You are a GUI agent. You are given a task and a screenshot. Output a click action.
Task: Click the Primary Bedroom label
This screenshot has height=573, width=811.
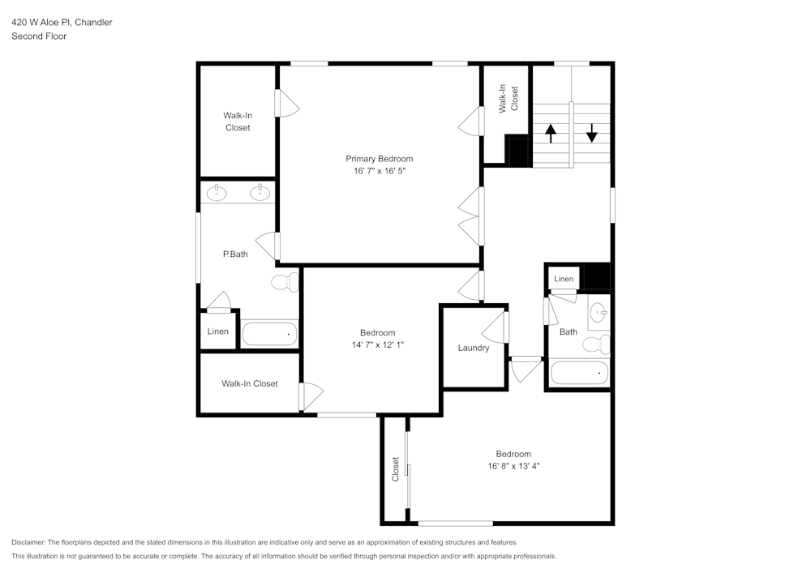[379, 159]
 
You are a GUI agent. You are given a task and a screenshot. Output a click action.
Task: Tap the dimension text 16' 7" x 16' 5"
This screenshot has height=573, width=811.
[379, 171]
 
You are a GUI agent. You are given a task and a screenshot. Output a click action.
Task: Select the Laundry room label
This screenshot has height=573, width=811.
[473, 348]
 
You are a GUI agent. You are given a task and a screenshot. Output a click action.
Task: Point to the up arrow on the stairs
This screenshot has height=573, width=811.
[551, 133]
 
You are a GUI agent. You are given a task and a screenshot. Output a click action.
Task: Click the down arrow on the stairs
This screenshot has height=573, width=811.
[592, 132]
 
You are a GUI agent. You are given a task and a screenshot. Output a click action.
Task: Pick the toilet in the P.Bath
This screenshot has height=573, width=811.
[285, 283]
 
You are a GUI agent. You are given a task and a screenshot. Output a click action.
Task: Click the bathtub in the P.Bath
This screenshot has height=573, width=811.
[269, 333]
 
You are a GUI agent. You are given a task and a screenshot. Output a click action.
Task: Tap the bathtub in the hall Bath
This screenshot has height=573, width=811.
[578, 373]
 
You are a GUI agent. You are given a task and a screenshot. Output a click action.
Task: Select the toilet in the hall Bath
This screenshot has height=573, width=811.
[595, 344]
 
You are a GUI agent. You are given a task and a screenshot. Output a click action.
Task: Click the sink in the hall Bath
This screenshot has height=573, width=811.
[599, 312]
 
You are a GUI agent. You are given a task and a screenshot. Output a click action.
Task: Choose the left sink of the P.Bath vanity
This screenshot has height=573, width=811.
[217, 192]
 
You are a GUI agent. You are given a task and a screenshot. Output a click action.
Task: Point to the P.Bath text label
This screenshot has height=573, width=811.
[235, 254]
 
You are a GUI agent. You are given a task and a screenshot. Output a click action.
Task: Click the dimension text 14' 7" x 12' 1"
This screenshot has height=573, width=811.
[377, 344]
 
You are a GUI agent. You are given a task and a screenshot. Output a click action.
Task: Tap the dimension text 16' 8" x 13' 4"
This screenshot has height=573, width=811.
[513, 466]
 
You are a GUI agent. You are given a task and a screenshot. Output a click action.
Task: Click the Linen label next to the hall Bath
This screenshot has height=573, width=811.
[564, 279]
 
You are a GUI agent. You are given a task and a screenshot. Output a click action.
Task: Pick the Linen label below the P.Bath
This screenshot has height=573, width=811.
[217, 331]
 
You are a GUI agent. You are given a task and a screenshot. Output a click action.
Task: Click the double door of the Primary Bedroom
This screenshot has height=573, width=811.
[470, 216]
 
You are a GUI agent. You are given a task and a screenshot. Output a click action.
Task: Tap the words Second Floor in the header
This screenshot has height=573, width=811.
[39, 36]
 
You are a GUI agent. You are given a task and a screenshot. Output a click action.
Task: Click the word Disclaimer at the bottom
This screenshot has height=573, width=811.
[28, 542]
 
